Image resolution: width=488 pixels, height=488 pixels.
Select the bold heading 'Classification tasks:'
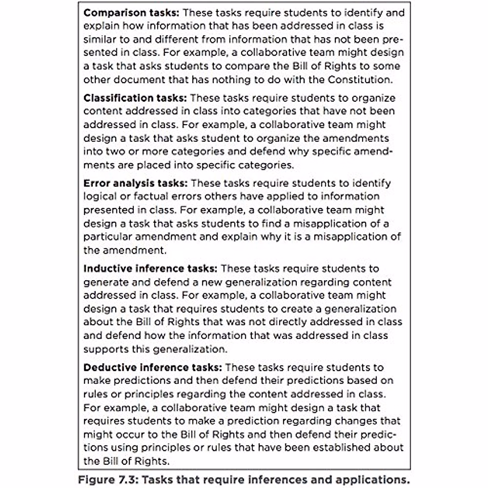coord(135,98)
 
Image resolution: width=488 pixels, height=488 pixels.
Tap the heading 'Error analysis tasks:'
coord(135,183)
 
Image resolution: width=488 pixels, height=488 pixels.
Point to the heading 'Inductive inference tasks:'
coord(150,269)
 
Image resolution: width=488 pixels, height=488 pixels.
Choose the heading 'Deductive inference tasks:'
coord(152,368)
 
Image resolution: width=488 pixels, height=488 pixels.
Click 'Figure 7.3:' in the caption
coord(108,479)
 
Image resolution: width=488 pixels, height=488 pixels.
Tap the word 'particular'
coord(108,237)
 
